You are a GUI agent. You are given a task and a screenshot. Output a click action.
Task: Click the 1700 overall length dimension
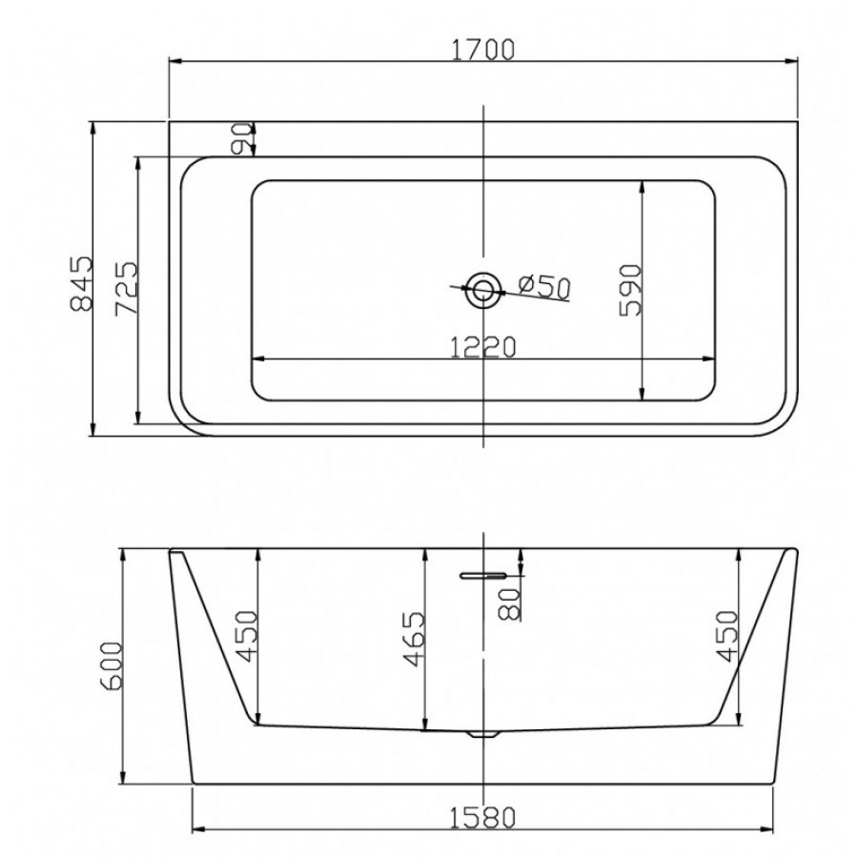point(482,50)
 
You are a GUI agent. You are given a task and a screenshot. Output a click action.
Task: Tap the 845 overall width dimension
point(82,283)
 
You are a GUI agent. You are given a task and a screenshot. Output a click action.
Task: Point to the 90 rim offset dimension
point(242,138)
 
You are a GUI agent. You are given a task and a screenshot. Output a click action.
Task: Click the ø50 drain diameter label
point(544,286)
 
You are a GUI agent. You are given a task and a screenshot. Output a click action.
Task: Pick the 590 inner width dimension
point(630,291)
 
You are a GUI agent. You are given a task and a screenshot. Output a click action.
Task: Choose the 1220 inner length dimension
point(482,347)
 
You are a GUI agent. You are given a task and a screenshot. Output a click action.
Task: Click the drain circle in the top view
point(482,290)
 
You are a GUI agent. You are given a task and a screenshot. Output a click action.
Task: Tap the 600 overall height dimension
point(112,665)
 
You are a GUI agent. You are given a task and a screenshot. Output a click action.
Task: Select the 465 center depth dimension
point(414,639)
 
